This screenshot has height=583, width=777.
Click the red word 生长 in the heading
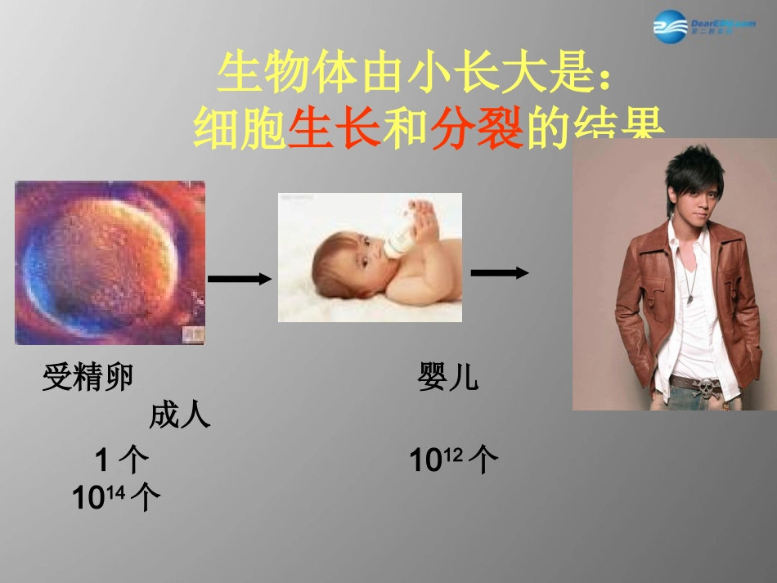[x=335, y=130]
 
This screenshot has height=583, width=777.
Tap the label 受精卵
[x=88, y=378]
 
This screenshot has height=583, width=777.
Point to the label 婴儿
[x=448, y=378]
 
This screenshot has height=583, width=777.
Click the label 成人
[x=180, y=416]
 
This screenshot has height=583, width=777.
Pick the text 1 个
[x=123, y=461]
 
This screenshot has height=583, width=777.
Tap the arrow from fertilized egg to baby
[x=240, y=280]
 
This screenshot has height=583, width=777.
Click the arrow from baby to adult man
[x=500, y=273]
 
